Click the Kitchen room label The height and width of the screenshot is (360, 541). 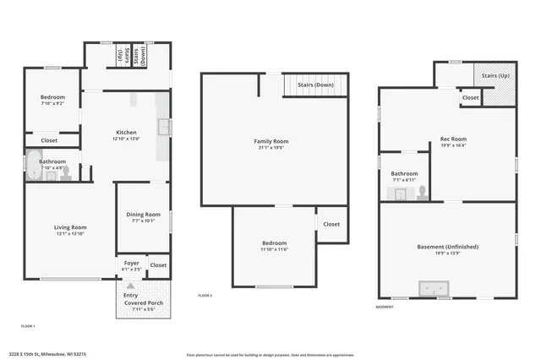(x=126, y=133)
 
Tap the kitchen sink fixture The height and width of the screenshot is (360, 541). (x=164, y=128)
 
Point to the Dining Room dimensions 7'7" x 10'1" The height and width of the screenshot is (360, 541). (x=143, y=221)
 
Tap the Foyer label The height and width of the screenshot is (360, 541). (x=131, y=263)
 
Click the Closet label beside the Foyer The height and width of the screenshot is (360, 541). (x=158, y=265)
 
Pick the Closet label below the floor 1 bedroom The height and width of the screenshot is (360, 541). (x=49, y=140)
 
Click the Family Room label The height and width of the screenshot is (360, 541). (x=271, y=141)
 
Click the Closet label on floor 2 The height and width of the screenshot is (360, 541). (x=331, y=224)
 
